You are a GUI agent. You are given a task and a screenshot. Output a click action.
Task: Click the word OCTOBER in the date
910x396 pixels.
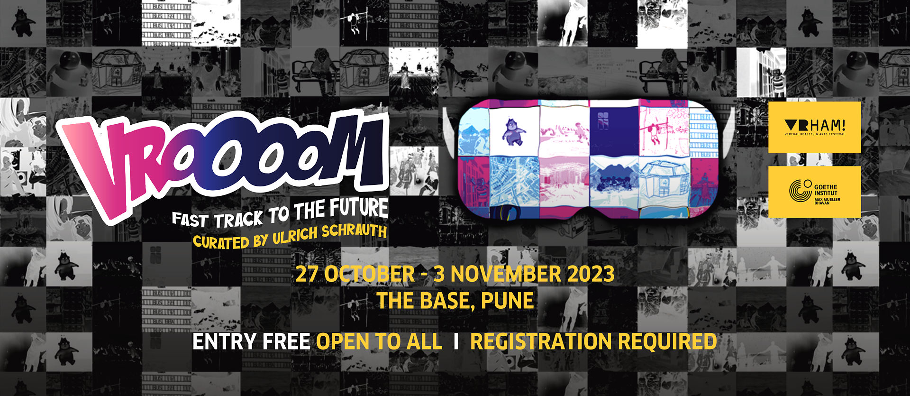pyautogui.click(x=369, y=274)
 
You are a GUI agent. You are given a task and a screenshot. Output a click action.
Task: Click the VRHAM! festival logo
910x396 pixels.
pyautogui.click(x=815, y=127)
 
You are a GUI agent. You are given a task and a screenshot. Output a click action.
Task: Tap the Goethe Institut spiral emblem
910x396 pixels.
pyautogui.click(x=800, y=191)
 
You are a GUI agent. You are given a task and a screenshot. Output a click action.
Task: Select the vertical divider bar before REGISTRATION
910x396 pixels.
pyautogui.click(x=456, y=341)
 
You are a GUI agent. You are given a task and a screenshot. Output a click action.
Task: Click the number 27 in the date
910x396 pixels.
pyautogui.click(x=307, y=274)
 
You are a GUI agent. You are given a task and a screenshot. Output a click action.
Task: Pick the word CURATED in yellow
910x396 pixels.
pyautogui.click(x=221, y=242)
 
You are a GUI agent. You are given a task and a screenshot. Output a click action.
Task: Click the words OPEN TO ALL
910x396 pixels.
pyautogui.click(x=379, y=341)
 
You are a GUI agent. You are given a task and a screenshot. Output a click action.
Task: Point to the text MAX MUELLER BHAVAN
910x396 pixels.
pyautogui.click(x=827, y=201)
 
